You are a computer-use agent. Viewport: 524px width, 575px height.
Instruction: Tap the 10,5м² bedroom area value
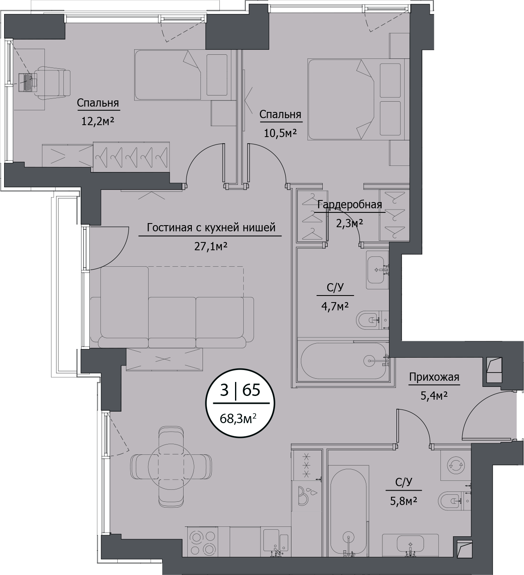click(x=280, y=133)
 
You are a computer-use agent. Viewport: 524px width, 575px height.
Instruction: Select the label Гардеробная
click(x=349, y=204)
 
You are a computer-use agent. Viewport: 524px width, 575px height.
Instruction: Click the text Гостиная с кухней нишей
click(x=211, y=227)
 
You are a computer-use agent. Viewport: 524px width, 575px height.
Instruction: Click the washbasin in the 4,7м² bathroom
click(x=377, y=270)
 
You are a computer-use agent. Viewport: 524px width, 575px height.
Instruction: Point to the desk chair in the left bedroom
click(x=52, y=83)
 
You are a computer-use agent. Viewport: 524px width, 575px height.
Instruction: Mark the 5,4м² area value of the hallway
click(x=433, y=396)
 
